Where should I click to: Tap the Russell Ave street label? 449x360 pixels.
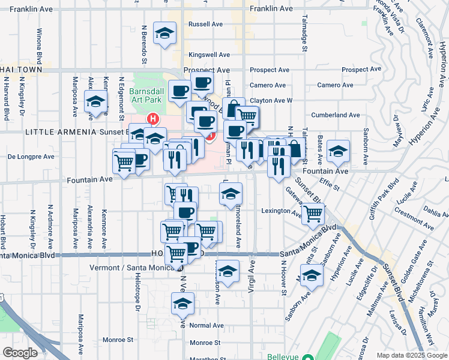(206, 25)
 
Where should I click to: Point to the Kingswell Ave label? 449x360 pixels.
(206, 54)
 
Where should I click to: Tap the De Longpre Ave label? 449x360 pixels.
(31, 157)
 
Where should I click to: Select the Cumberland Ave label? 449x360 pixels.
(335, 115)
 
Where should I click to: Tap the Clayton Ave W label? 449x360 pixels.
(271, 100)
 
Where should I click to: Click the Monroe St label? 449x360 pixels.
(205, 343)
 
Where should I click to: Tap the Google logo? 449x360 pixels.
(19, 353)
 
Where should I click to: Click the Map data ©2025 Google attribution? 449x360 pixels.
(411, 355)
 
